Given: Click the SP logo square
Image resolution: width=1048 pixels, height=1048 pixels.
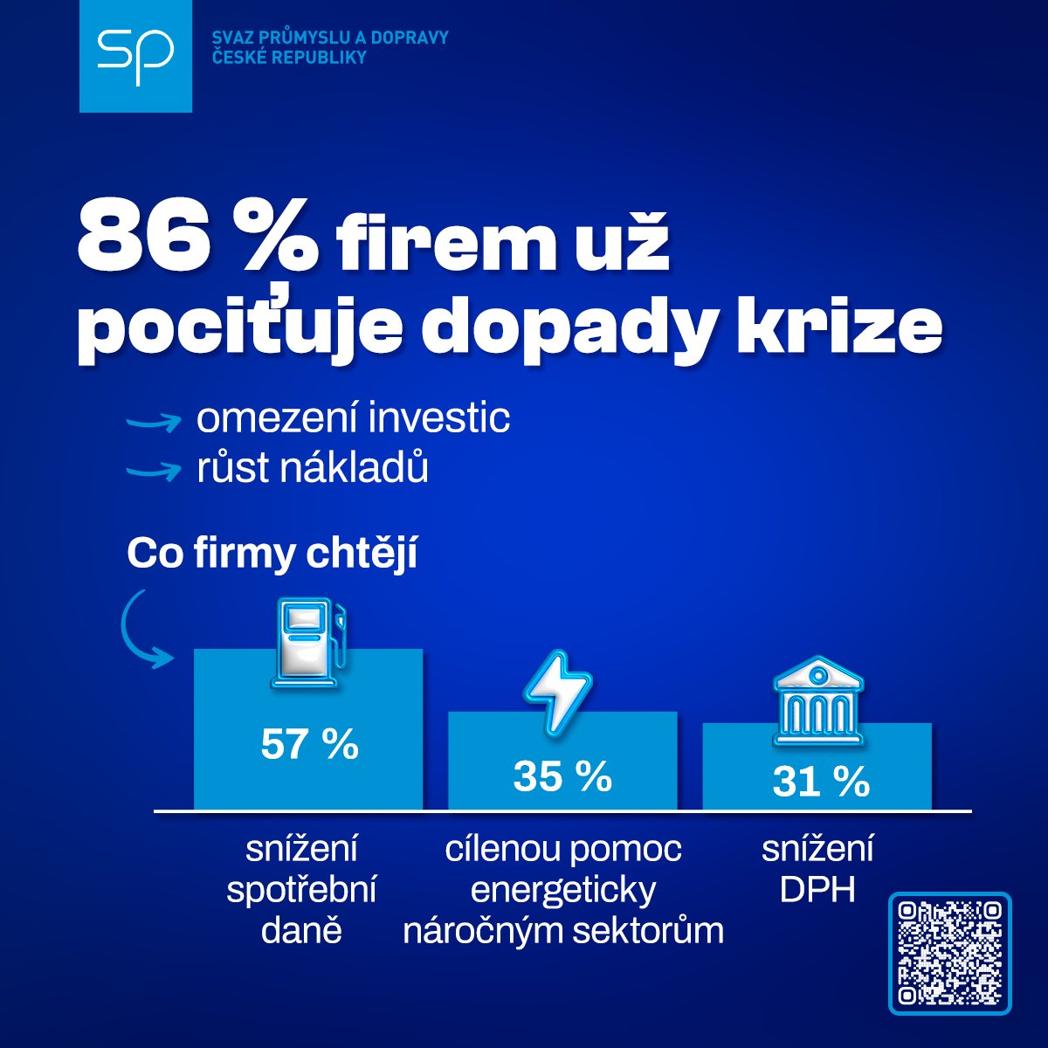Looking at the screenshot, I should [135, 56].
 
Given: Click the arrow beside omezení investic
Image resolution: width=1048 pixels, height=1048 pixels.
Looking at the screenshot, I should [153, 422].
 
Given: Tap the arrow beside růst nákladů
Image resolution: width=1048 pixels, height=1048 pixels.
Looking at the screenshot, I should [153, 471].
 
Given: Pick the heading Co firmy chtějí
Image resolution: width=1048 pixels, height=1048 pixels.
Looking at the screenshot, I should [272, 554].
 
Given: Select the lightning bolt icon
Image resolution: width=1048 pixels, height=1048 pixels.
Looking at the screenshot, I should [557, 691].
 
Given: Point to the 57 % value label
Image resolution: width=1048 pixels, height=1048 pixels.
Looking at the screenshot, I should [309, 745].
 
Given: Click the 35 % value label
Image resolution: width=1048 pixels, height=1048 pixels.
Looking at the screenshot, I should [562, 776].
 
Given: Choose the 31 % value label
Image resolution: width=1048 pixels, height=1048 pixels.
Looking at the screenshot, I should [820, 782].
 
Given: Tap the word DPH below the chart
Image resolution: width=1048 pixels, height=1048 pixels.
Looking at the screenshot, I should [817, 889].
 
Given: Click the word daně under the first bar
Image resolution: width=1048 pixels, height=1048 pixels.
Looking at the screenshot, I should [300, 930].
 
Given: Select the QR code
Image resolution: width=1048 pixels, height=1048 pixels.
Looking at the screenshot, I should [949, 953].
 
